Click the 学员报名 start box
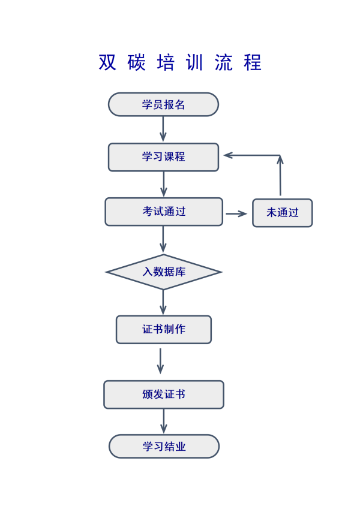coord(163,104)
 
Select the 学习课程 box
coord(163,157)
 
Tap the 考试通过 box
coord(164,212)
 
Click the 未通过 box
coord(282,213)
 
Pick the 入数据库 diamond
coord(164,272)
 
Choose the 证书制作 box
coord(164,329)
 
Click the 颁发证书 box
coord(164,394)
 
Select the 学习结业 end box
coord(164,447)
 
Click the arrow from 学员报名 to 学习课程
coord(163,129)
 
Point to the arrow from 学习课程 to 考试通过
coord(163,184)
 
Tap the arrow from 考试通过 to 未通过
coord(236,213)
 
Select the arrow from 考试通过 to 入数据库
coord(163,239)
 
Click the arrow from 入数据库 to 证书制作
coord(163,302)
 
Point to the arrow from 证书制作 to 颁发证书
coord(160,361)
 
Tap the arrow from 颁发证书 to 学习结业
coord(163,421)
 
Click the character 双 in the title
coord(107,63)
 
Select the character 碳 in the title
coord(137,63)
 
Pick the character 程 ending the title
coord(253,63)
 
